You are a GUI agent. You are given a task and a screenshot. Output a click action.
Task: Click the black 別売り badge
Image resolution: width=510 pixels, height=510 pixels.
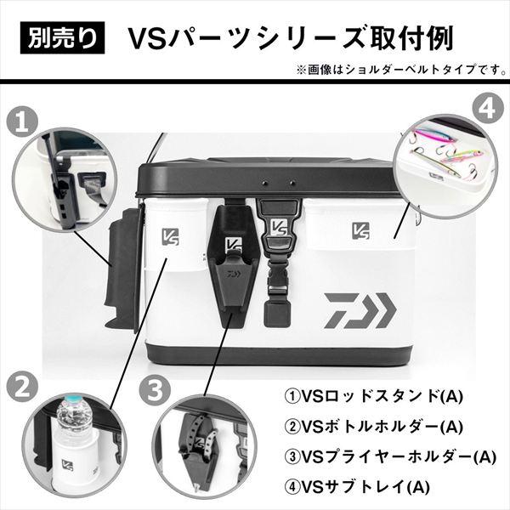tap(62, 37)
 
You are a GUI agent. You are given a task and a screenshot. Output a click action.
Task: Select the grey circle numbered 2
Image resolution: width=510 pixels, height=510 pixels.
tap(22, 386)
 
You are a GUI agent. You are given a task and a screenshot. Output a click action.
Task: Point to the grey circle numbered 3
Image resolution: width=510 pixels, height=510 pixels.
tap(155, 390)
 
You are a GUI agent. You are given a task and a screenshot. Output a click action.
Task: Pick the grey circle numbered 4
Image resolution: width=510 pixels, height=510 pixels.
tap(489, 107)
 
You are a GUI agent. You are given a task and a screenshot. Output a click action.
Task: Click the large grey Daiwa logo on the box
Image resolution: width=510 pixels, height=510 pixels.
tap(360, 310)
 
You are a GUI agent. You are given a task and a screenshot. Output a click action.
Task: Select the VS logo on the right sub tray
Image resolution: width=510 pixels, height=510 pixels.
tap(360, 230)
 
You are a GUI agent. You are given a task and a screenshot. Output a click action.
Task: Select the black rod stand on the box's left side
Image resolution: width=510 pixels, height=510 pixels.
tap(123, 269)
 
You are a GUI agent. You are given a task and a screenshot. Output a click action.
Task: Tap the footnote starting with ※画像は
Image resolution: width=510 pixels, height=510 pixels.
tap(401, 70)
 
